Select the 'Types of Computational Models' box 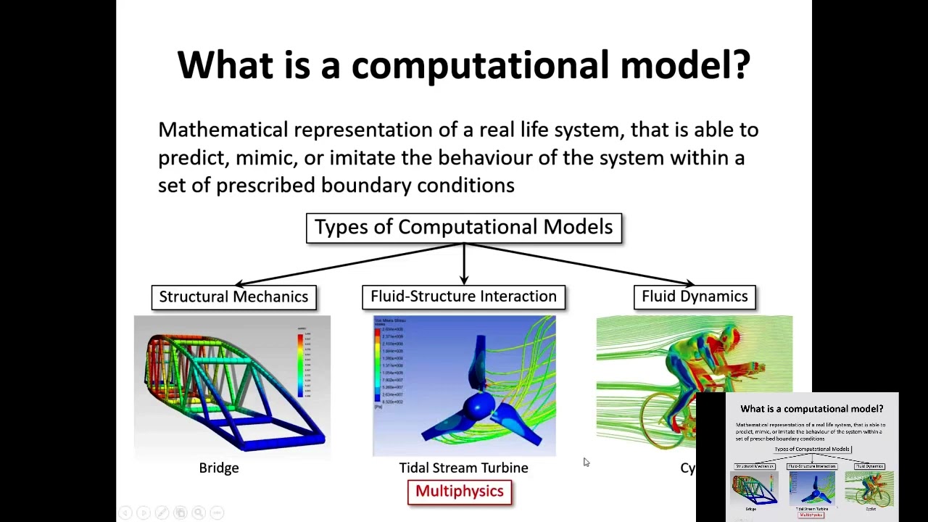[463, 228]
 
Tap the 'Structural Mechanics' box [233, 297]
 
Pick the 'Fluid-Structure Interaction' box [463, 297]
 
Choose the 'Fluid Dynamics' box [694, 297]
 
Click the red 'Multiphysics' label [459, 492]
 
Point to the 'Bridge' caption [218, 468]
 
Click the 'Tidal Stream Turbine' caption [463, 468]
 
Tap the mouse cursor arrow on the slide [586, 462]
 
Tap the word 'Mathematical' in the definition [223, 130]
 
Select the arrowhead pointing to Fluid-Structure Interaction [464, 280]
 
